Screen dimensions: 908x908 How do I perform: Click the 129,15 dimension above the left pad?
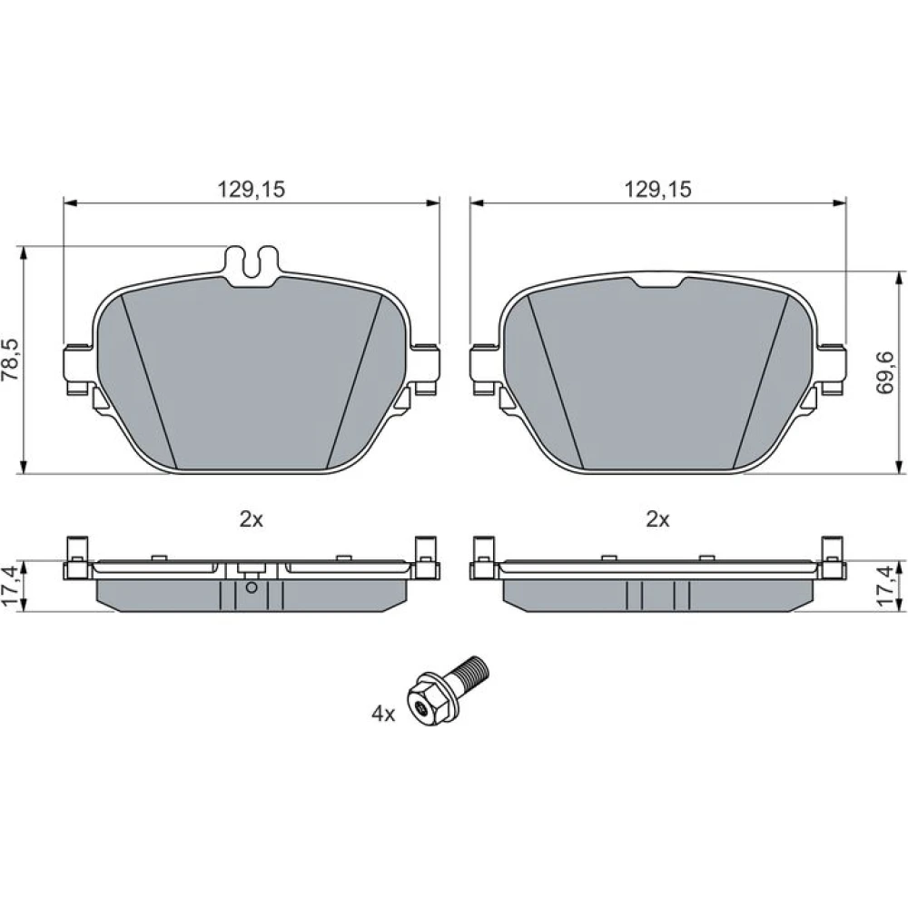252,189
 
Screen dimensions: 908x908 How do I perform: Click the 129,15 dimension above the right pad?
657,189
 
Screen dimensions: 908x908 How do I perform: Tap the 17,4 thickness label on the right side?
886,586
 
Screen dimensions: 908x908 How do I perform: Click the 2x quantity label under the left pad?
252,519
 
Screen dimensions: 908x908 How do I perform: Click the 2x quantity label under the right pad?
657,519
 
